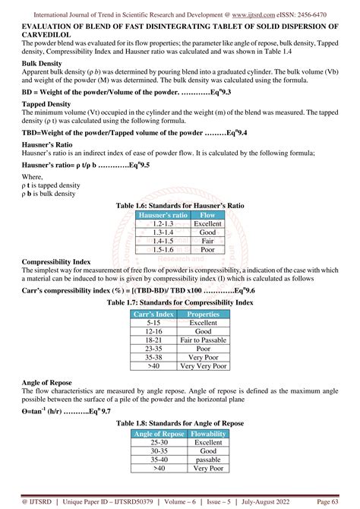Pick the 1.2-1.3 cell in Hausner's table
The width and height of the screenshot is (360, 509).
point(159,225)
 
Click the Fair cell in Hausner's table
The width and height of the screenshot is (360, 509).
point(207,241)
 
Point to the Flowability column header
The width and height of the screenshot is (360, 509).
point(207,434)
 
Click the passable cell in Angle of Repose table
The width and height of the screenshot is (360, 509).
point(207,459)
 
